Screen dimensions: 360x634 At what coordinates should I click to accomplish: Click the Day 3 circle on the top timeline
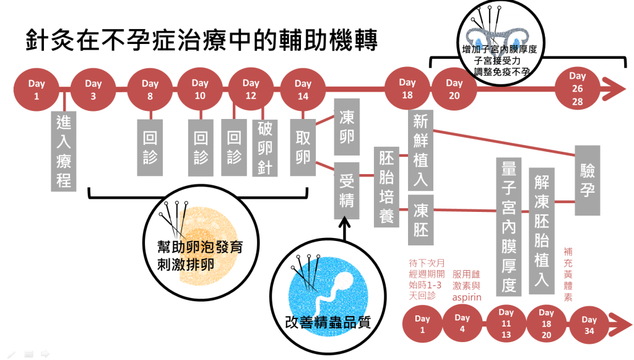click(x=93, y=90)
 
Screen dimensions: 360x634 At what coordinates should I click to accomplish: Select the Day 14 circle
click(x=303, y=90)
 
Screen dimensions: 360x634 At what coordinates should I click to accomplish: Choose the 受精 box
click(x=346, y=190)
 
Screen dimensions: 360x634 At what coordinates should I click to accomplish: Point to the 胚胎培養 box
click(x=386, y=188)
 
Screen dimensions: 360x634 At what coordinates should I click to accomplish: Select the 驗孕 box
click(x=588, y=180)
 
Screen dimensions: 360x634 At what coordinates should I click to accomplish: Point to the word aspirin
click(x=467, y=297)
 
